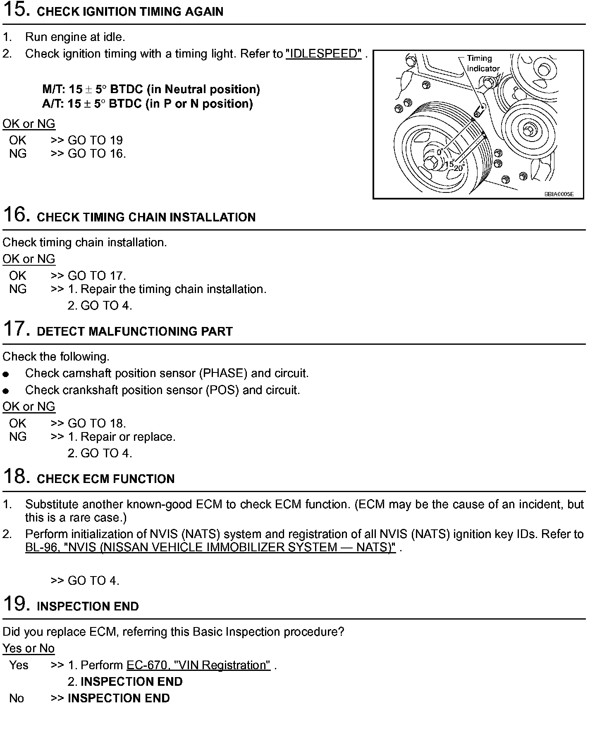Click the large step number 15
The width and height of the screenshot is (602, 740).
point(16,10)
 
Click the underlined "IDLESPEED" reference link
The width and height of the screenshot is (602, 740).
point(324,54)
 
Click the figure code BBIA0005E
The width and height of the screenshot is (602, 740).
point(559,194)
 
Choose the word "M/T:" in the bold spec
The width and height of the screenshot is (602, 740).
point(54,89)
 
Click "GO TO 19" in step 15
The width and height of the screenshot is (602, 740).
point(95,140)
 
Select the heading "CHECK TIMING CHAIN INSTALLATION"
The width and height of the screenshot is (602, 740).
point(146,217)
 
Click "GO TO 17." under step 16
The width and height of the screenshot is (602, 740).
point(97,276)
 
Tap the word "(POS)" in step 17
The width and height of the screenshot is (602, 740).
point(222,390)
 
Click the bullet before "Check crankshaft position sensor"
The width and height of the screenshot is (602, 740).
point(6,391)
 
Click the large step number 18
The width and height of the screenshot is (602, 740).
point(16,477)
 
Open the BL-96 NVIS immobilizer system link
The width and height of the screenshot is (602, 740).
point(210,548)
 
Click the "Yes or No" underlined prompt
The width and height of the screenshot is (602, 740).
point(29,648)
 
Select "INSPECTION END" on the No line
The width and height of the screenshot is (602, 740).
point(119,698)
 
